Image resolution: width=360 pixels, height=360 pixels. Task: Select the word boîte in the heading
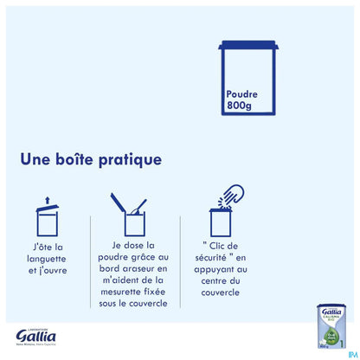coord(82,161)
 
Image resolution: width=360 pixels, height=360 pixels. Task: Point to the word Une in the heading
coord(35,161)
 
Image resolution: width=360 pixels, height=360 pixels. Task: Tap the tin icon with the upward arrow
coord(46,218)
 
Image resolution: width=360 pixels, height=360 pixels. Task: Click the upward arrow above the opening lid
coord(46,201)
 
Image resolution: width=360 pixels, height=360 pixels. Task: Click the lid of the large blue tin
coord(250,46)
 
